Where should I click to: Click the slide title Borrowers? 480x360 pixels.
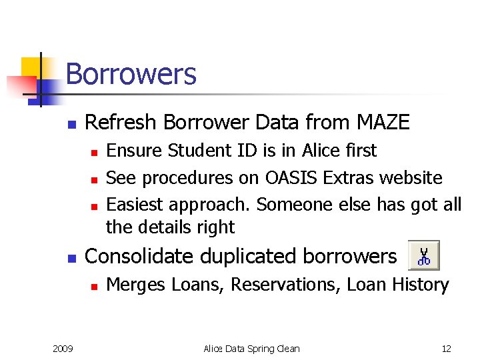[131, 74]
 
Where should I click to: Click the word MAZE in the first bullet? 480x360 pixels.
[383, 123]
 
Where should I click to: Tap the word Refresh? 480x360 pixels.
[121, 123]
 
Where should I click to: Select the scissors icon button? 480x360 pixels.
[423, 255]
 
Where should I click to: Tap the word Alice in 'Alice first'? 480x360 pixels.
[323, 151]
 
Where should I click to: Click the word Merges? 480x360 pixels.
[136, 285]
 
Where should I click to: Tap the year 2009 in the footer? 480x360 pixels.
[63, 349]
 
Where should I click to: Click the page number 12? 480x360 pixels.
[446, 349]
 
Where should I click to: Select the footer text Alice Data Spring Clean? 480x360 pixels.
[251, 349]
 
